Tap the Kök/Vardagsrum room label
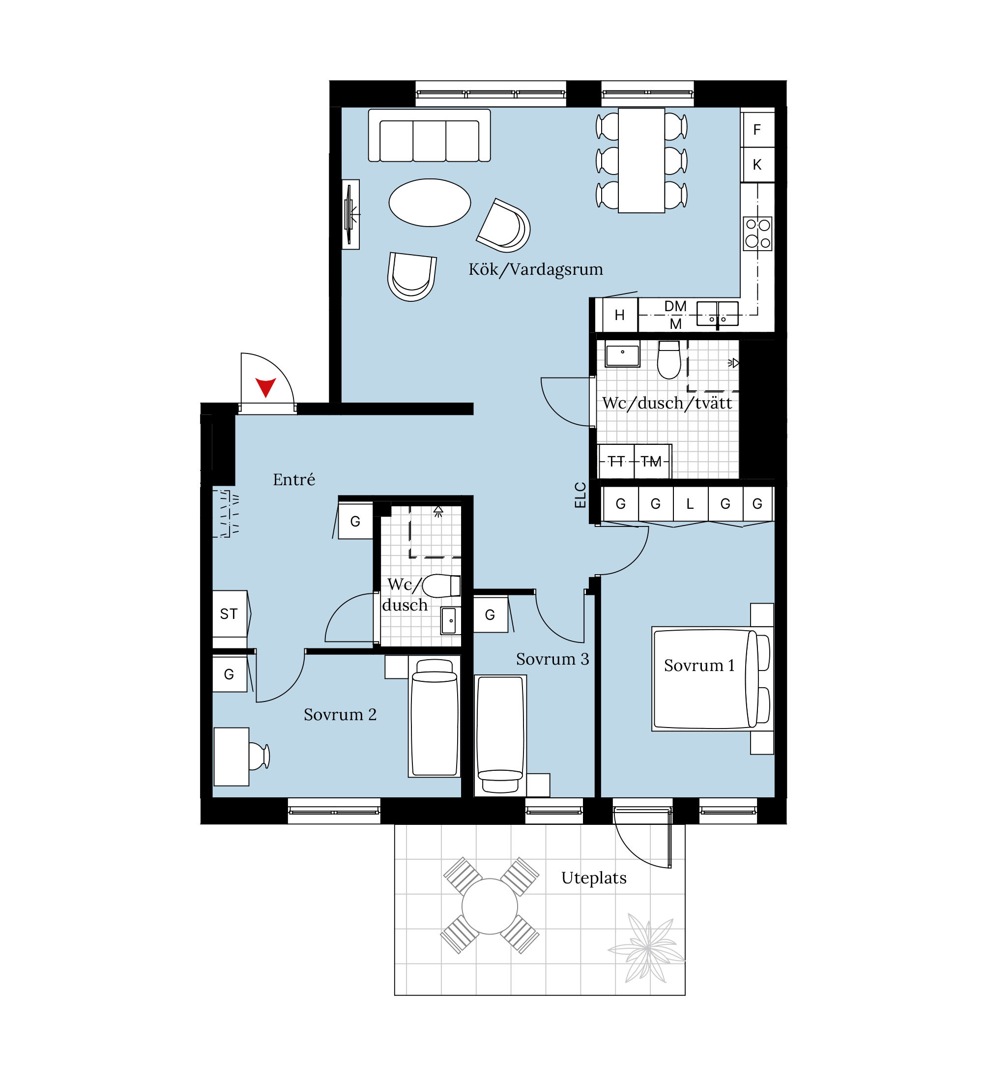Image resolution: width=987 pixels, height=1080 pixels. (536, 269)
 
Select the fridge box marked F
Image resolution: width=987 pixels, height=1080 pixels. (758, 130)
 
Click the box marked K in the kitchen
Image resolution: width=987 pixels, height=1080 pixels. (758, 165)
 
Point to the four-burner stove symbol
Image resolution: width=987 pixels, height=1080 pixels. (758, 234)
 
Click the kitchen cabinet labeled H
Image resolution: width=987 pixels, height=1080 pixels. (620, 315)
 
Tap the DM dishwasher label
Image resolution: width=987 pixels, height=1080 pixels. (675, 306)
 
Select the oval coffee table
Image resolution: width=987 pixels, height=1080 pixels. (430, 203)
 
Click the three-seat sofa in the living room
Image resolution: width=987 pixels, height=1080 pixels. (430, 136)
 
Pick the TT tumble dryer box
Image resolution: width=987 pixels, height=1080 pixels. (616, 461)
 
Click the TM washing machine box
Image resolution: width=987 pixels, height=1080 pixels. (652, 461)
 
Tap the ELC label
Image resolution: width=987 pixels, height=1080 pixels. (580, 495)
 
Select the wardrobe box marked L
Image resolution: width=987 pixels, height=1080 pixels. (690, 503)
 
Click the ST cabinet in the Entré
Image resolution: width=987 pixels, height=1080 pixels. (230, 613)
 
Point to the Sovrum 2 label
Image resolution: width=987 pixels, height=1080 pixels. (340, 714)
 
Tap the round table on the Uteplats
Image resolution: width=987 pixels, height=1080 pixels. (490, 906)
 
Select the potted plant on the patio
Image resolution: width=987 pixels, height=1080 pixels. (647, 948)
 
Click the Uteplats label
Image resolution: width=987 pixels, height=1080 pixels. (594, 877)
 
